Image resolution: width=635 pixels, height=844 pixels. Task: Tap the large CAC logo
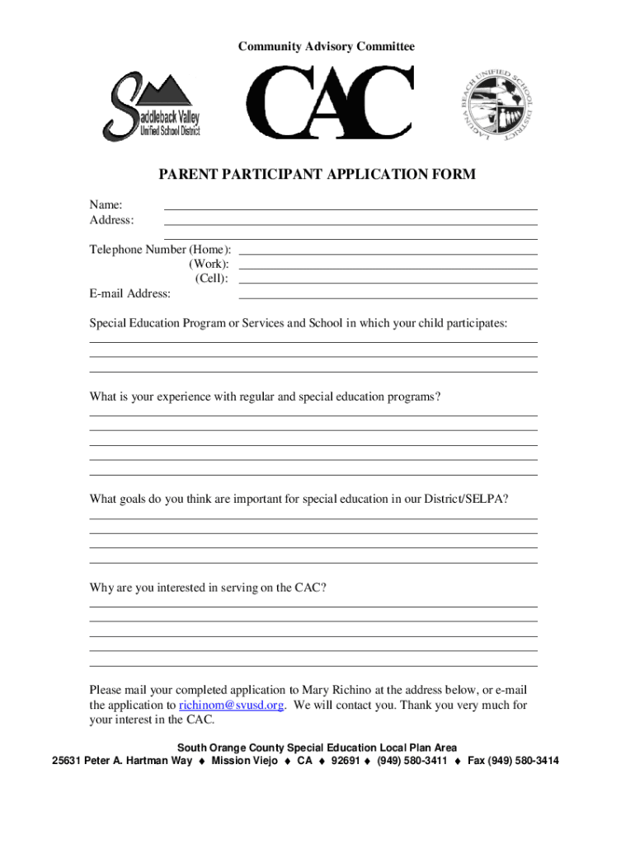point(330,104)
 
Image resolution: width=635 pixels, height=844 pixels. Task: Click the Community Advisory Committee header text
point(327,47)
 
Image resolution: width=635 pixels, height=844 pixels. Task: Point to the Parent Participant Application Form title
point(317,175)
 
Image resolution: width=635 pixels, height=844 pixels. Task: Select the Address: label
point(111,220)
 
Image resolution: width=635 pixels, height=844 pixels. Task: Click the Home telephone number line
point(388,253)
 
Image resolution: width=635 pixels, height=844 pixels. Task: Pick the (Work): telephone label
point(209,264)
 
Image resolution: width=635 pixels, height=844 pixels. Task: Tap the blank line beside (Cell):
point(388,283)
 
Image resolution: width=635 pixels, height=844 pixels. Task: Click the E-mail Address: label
point(130,293)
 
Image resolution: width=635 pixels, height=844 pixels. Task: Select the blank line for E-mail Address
point(388,298)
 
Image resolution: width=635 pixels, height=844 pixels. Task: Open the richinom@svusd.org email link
point(232,706)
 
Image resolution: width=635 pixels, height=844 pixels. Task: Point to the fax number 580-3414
point(536,761)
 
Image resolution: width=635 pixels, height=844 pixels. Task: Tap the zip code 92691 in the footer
point(345,761)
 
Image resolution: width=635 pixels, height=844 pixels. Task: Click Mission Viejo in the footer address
point(244,761)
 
